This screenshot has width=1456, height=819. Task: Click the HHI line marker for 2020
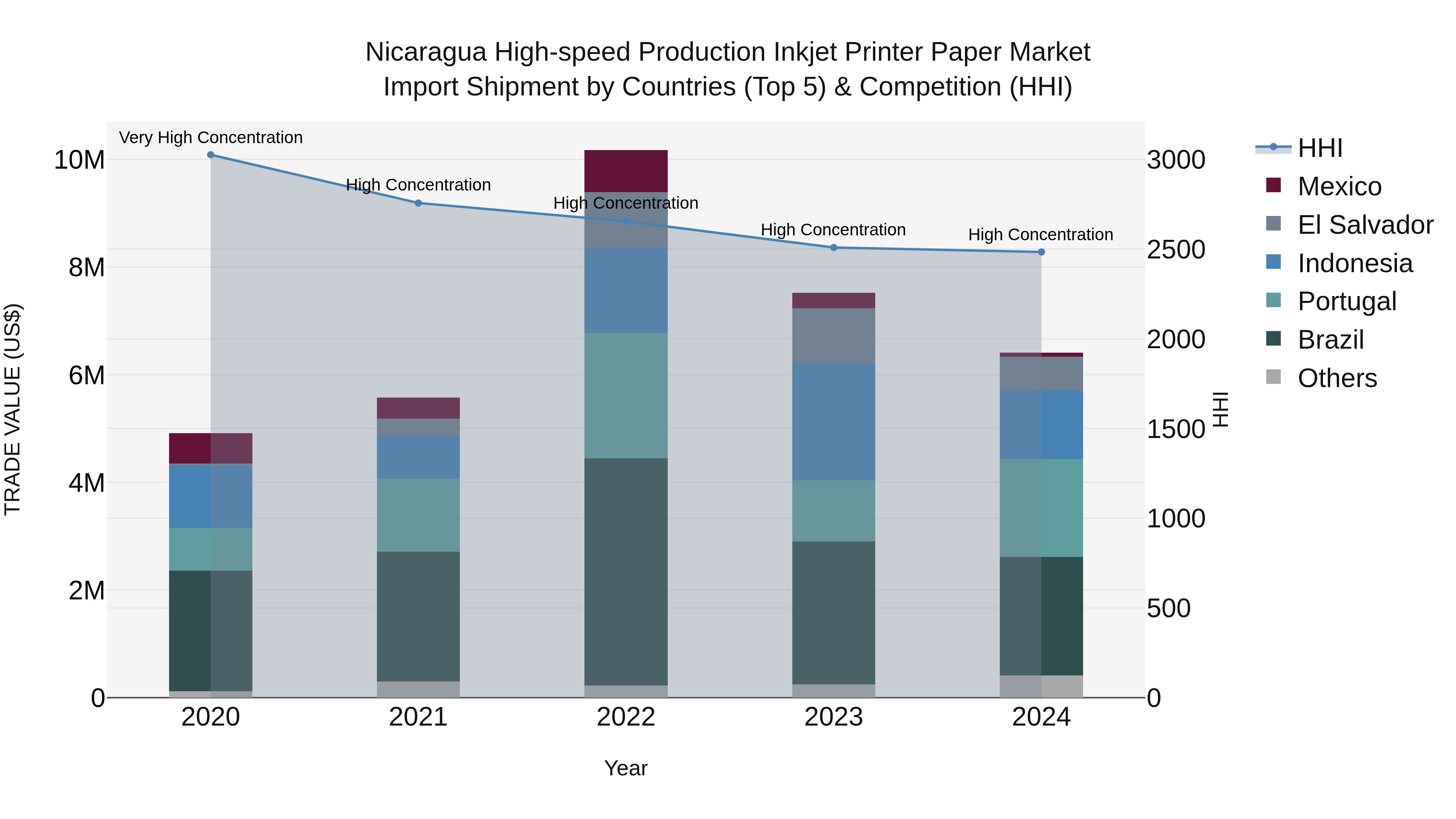[x=210, y=155]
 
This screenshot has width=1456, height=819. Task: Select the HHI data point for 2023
[x=833, y=248]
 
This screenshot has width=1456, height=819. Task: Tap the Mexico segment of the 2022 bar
[x=626, y=171]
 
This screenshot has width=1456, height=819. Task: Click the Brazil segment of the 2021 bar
[x=418, y=616]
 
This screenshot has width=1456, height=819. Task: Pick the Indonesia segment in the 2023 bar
[x=833, y=422]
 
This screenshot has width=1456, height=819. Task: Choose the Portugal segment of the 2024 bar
[x=1041, y=508]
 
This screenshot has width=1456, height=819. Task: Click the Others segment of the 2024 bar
[x=1041, y=686]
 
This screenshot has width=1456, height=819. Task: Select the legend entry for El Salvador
[x=1365, y=225]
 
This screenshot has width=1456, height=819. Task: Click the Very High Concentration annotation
[x=211, y=138]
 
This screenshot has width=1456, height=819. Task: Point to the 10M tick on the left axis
[x=79, y=160]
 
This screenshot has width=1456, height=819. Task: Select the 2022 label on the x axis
[x=626, y=717]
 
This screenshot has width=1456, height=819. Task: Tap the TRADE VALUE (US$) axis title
[x=13, y=409]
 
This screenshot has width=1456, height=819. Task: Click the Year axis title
[x=626, y=768]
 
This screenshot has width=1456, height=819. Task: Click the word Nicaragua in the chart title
[x=425, y=52]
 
